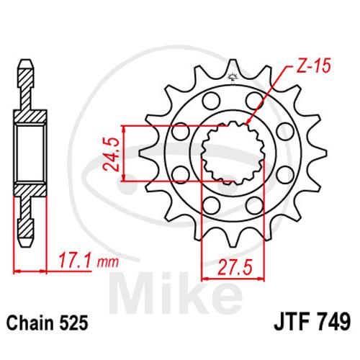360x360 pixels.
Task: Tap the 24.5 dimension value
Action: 111,154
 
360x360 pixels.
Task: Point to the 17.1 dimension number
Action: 75,260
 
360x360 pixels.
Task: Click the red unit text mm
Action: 108,263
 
